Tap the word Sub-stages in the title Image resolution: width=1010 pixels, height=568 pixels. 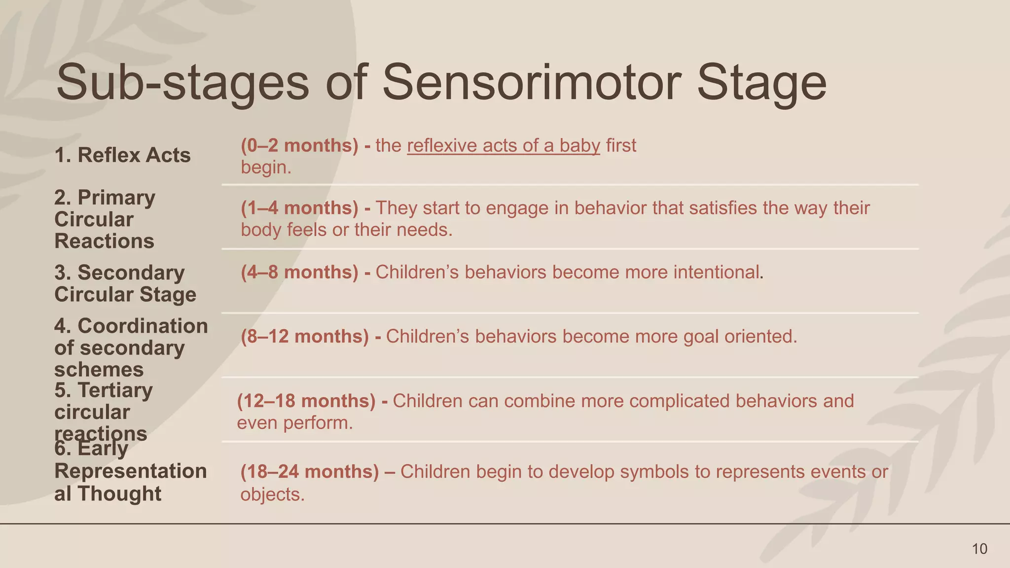click(x=183, y=83)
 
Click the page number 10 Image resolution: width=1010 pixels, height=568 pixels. click(x=979, y=549)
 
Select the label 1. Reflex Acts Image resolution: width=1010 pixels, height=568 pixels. click(x=122, y=155)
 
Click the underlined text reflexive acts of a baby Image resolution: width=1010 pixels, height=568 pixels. click(x=504, y=146)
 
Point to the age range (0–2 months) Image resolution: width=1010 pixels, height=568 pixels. click(x=299, y=145)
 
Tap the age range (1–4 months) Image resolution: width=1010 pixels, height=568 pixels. click(x=299, y=208)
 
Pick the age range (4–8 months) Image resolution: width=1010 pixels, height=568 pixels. click(x=299, y=272)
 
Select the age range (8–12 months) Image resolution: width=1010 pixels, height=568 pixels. click(x=305, y=336)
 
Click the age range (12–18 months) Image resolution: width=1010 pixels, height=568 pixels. click(x=306, y=401)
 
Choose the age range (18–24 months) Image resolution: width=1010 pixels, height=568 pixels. click(x=310, y=472)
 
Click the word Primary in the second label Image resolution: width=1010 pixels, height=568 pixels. click(x=116, y=198)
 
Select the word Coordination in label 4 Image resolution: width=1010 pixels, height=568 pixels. click(x=143, y=326)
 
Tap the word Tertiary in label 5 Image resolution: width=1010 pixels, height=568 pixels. click(x=115, y=390)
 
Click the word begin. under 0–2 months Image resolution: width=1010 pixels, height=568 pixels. click(x=266, y=168)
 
